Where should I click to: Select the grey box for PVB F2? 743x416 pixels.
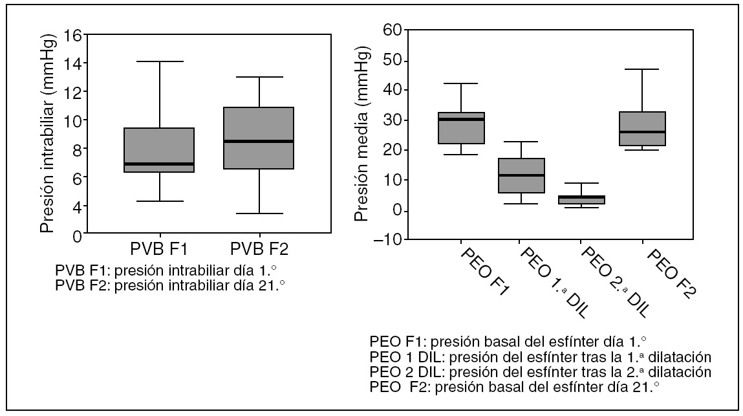click(259, 138)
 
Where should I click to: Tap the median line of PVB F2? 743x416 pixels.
click(259, 141)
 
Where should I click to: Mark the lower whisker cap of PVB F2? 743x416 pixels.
click(259, 213)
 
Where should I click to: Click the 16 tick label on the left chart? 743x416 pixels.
click(75, 35)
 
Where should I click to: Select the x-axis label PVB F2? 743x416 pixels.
click(259, 248)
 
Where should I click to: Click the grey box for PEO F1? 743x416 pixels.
click(461, 128)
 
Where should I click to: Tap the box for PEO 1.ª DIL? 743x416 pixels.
click(521, 175)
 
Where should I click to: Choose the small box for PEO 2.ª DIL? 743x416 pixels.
click(582, 200)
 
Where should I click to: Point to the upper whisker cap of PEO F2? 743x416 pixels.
click(641, 69)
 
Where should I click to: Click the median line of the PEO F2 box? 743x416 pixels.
click(641, 132)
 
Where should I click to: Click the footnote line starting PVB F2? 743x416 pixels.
click(171, 285)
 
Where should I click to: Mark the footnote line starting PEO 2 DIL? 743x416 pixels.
click(540, 372)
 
